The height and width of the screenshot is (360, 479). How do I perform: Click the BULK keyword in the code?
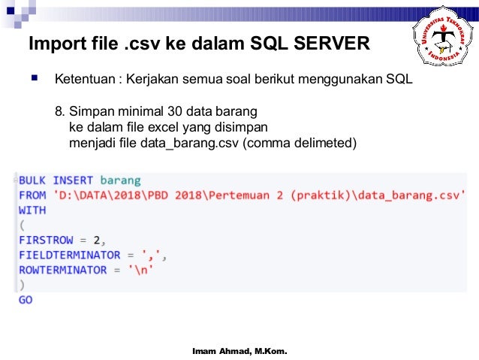tap(32, 180)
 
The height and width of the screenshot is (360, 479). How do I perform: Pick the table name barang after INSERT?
tap(120, 180)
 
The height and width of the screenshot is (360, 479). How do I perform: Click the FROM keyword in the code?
tap(32, 195)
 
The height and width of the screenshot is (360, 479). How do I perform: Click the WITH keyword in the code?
tap(32, 210)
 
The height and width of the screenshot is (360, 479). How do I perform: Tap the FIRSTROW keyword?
tap(47, 241)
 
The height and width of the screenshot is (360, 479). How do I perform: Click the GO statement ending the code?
tap(26, 300)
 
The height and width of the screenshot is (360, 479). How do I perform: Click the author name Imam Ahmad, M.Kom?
tap(239, 351)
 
